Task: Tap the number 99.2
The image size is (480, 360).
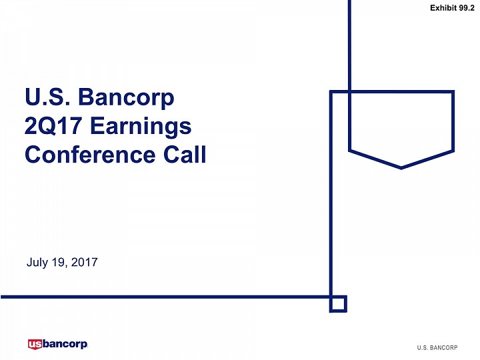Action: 467,8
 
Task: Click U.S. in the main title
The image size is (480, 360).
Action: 47,97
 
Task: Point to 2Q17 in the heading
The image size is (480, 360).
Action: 53,126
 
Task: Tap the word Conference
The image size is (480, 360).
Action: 90,154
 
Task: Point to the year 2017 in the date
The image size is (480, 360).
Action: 84,262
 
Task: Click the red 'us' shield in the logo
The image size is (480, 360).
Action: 35,344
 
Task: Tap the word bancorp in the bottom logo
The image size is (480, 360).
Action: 65,345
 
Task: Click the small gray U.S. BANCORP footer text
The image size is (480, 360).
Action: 437,347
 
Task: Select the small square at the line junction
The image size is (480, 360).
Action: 338,304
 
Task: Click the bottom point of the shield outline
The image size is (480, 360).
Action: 401,168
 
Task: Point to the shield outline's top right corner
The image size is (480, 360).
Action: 453,91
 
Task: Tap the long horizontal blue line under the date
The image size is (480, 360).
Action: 165,297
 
